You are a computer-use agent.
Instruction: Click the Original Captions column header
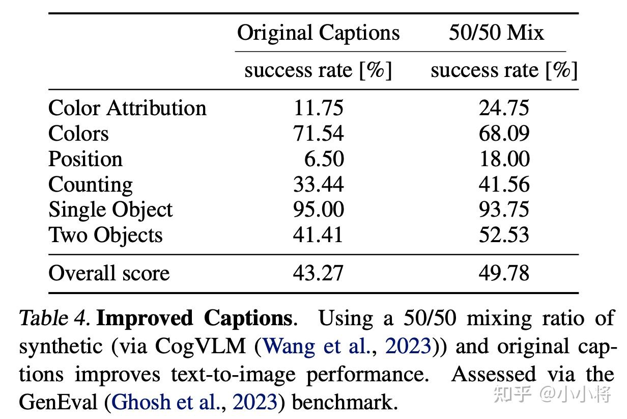pyautogui.click(x=318, y=34)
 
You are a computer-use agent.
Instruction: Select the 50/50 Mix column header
pyautogui.click(x=497, y=33)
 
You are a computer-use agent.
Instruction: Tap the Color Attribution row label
pyautogui.click(x=127, y=108)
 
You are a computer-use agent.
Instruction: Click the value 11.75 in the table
pyautogui.click(x=318, y=108)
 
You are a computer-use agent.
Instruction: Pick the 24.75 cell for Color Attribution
pyautogui.click(x=504, y=108)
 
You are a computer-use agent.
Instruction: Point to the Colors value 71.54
pyautogui.click(x=318, y=133)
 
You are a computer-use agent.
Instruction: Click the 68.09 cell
pyautogui.click(x=504, y=133)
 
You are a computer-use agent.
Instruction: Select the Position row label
pyautogui.click(x=85, y=159)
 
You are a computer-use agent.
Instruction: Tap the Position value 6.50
pyautogui.click(x=324, y=159)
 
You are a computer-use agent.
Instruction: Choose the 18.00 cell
pyautogui.click(x=505, y=159)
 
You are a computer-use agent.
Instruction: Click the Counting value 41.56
pyautogui.click(x=504, y=184)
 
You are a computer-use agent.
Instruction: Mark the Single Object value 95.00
pyautogui.click(x=319, y=209)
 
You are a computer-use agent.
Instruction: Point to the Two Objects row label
pyautogui.click(x=105, y=235)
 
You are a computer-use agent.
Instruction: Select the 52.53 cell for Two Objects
pyautogui.click(x=504, y=234)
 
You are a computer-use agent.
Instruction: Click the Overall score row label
pyautogui.click(x=109, y=273)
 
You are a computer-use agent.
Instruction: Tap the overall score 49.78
pyautogui.click(x=504, y=273)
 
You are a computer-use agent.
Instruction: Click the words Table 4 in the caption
pyautogui.click(x=54, y=319)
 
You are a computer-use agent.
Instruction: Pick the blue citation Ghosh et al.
pyautogui.click(x=165, y=402)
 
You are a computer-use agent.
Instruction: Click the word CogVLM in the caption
pyautogui.click(x=200, y=347)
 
